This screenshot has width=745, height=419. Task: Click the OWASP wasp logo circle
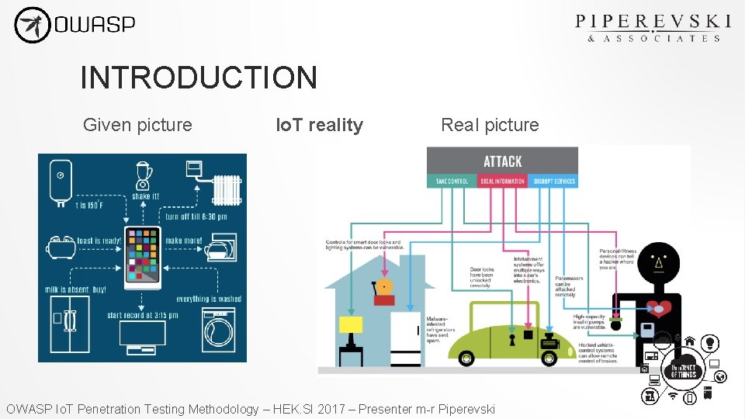32,25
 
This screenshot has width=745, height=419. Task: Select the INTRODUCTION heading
199,78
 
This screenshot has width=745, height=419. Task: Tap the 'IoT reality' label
320,125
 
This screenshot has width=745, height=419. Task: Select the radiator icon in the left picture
227,189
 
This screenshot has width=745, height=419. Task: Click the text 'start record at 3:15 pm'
143,315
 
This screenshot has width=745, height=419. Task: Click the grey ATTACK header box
502,161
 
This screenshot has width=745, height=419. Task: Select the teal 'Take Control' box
452,182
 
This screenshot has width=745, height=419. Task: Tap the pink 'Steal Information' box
503,182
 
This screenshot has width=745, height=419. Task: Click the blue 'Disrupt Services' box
554,182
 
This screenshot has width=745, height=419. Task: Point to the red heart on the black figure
659,307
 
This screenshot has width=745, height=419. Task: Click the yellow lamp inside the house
351,326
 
